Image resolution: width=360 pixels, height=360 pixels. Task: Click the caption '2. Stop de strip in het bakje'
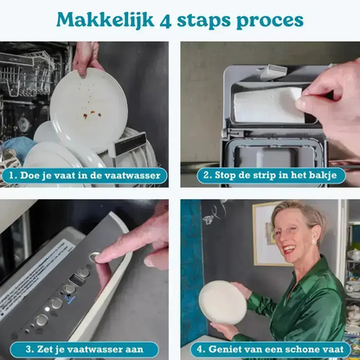point(270,175)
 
